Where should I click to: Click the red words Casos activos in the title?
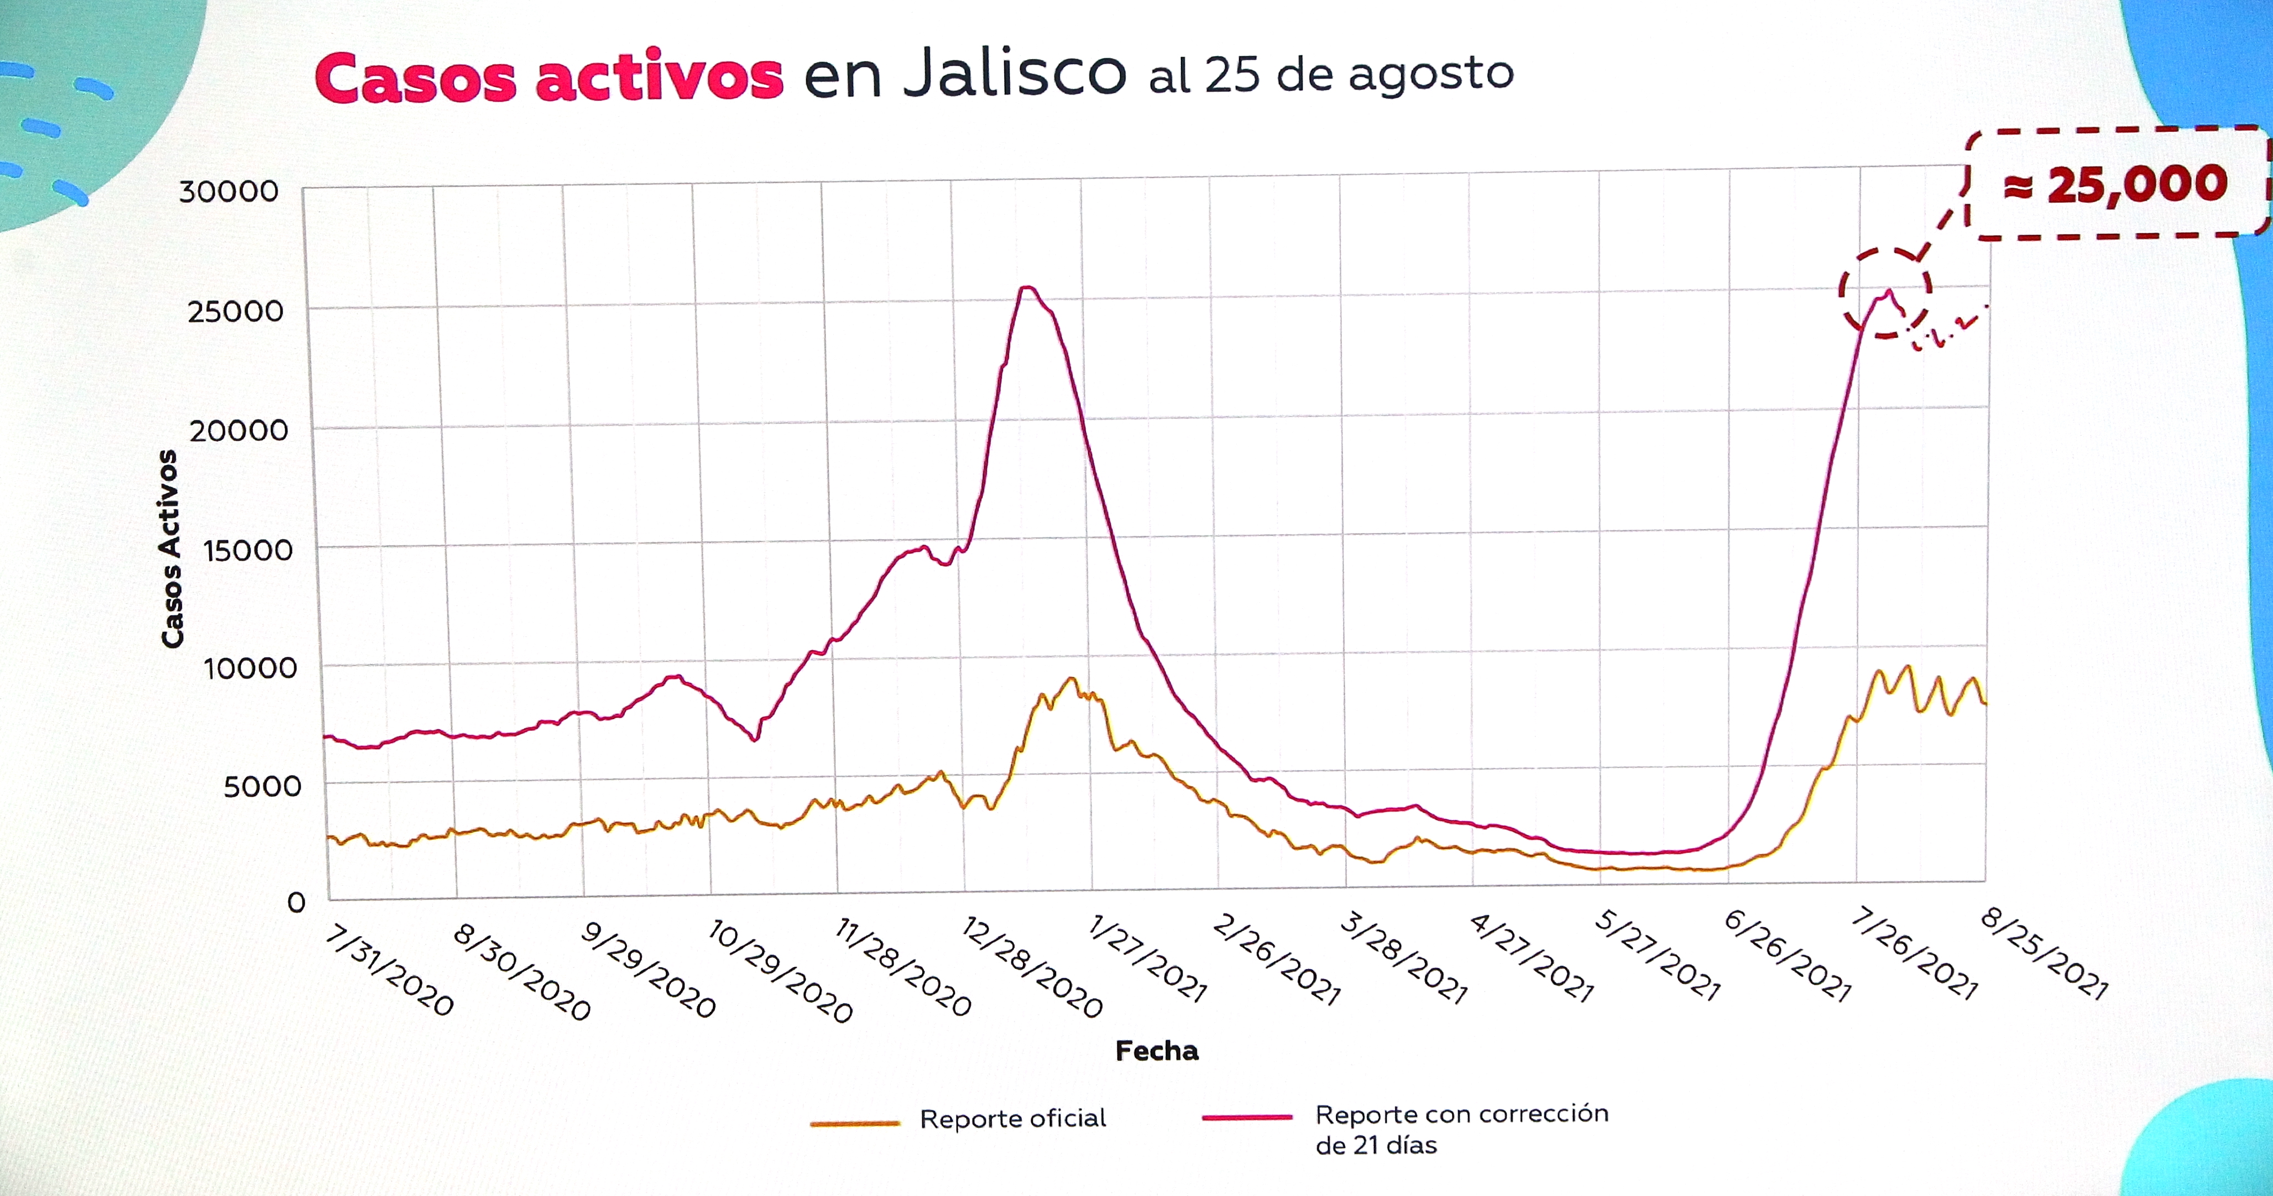tap(549, 77)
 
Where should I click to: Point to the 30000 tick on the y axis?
tap(228, 191)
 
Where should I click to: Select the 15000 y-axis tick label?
tap(247, 551)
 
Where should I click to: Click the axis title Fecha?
tap(1157, 1051)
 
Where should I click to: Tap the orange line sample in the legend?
tap(854, 1124)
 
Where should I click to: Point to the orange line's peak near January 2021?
tap(1071, 679)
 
